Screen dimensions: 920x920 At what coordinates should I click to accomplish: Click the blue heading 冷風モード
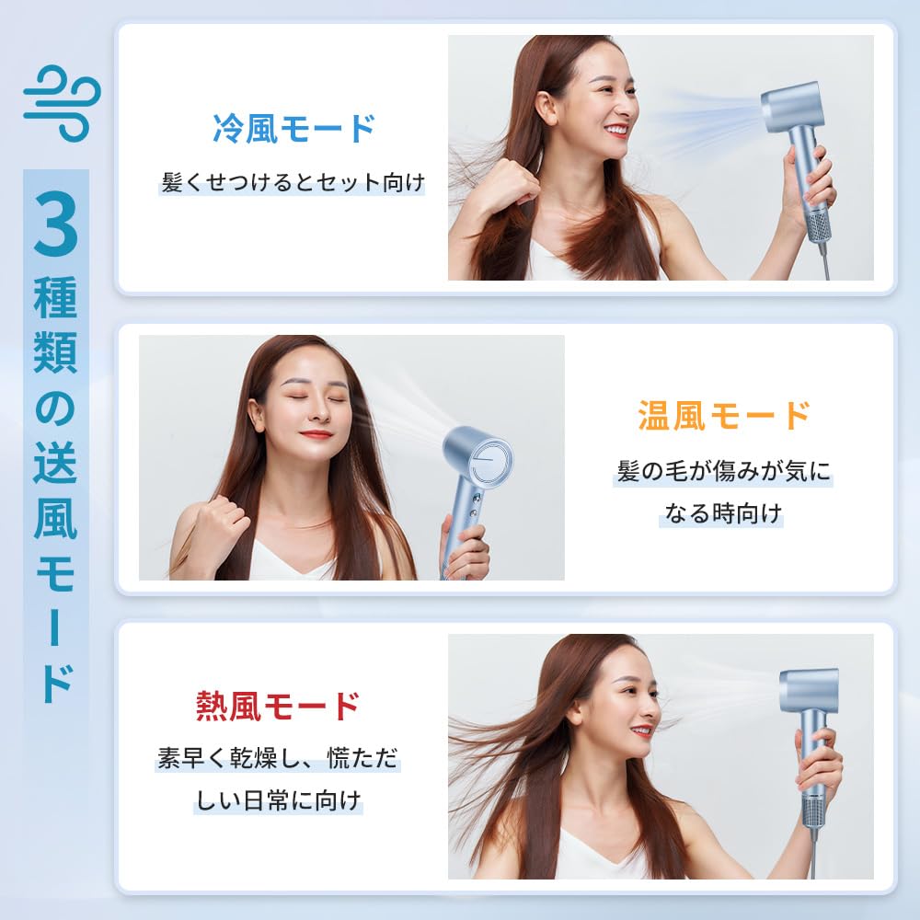[x=293, y=128]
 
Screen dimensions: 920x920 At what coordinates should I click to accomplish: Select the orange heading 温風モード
[x=724, y=415]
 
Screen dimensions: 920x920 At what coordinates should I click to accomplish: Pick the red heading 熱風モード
[x=278, y=706]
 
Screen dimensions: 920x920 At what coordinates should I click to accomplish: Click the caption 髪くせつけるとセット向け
[x=293, y=182]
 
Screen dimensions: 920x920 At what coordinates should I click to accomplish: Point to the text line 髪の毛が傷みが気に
[x=723, y=473]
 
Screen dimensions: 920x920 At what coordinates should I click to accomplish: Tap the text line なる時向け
[x=722, y=513]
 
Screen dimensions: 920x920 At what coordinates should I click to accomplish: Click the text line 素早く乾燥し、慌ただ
[x=277, y=760]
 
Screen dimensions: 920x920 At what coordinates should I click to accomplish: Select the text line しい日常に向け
[x=277, y=800]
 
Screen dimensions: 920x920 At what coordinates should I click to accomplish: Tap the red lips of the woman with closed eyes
[x=316, y=434]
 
